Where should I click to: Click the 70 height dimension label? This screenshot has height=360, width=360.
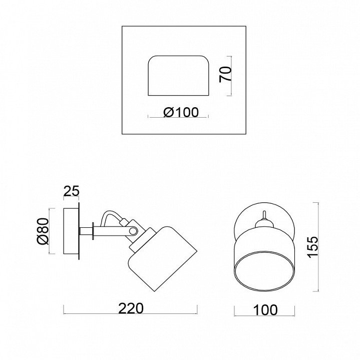[x=225, y=74]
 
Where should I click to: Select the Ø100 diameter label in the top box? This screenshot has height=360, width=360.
[x=181, y=112]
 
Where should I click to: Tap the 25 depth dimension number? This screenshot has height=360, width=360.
[x=71, y=191]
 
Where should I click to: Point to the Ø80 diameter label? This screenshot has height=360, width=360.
[x=43, y=231]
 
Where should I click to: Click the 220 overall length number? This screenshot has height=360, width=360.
[x=131, y=308]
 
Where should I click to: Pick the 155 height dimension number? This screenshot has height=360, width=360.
[x=313, y=247]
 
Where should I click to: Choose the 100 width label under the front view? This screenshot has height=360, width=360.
[x=265, y=310]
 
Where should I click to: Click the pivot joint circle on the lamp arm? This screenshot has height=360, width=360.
[x=133, y=231]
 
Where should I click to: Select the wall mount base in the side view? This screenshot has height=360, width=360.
[x=71, y=231]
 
